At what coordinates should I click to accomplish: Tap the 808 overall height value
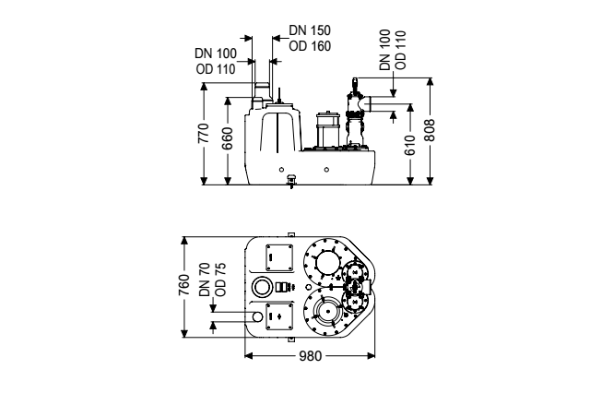(442, 132)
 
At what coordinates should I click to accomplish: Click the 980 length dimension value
(311, 357)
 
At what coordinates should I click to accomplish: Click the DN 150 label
(306, 30)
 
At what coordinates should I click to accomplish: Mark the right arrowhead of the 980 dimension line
(373, 357)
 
